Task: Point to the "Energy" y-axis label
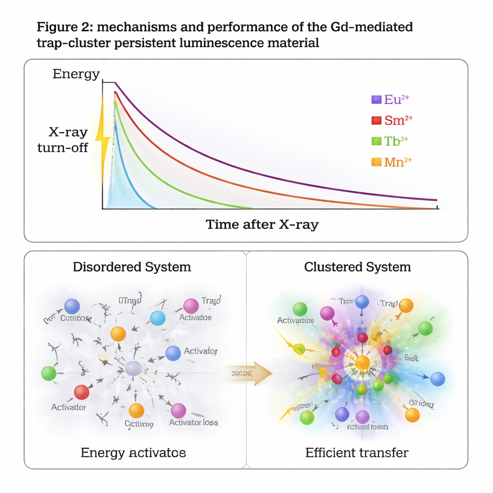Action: tap(76, 74)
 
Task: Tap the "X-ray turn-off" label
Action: tap(63, 140)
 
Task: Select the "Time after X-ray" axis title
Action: tap(262, 224)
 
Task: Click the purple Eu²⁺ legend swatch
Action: tap(376, 100)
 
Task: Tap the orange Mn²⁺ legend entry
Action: tap(392, 162)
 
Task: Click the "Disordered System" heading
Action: tap(132, 267)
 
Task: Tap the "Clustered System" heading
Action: tap(357, 267)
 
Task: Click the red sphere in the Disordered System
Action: tap(82, 392)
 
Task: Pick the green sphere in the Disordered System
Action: tap(49, 374)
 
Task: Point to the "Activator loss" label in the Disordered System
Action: tap(194, 423)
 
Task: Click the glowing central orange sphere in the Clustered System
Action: tap(363, 363)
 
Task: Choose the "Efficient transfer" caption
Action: tap(357, 453)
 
